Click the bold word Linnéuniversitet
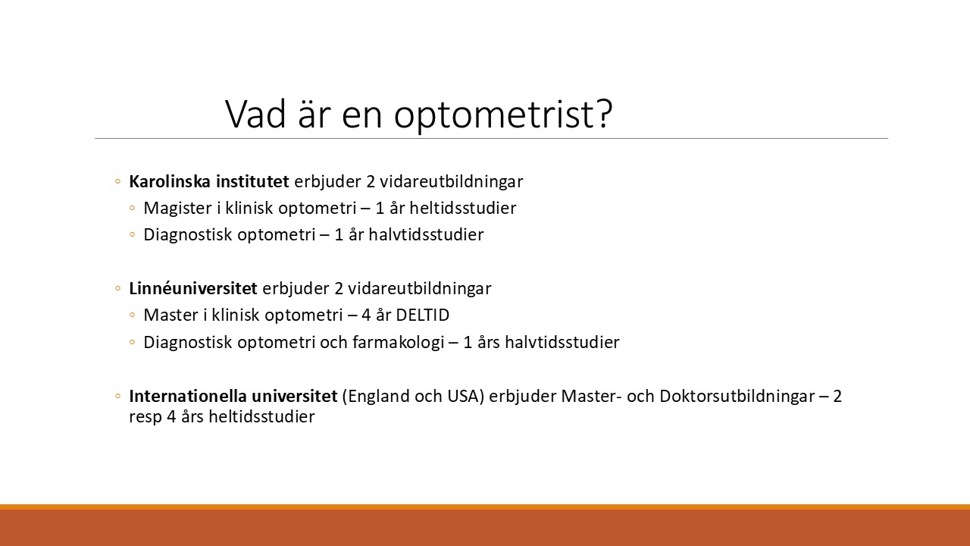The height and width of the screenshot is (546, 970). tap(193, 288)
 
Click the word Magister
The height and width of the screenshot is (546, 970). tap(178, 209)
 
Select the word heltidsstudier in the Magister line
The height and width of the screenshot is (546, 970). tap(463, 208)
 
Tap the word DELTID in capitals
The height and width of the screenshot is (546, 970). tap(423, 315)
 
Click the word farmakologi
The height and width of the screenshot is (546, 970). tap(399, 342)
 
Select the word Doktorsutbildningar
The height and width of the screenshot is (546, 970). tap(737, 397)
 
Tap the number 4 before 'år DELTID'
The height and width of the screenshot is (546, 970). tap(366, 315)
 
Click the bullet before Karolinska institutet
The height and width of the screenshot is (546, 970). tap(117, 181)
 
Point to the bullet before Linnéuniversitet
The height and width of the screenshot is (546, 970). tap(117, 288)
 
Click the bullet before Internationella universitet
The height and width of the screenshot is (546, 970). tap(117, 396)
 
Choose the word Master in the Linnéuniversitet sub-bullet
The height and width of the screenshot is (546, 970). tap(171, 315)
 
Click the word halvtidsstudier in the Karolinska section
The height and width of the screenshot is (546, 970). tap(426, 234)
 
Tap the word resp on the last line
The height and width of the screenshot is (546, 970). tap(145, 418)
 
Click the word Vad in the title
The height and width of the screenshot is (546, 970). tap(255, 114)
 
